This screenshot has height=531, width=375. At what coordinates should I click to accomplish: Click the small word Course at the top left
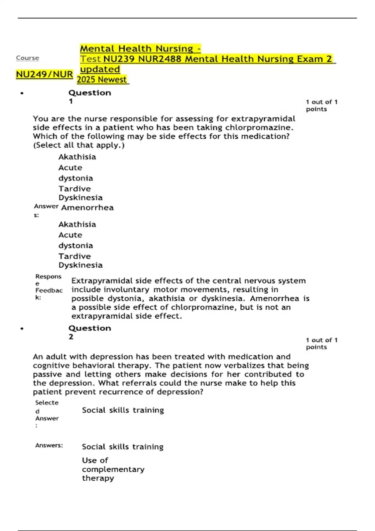[27, 58]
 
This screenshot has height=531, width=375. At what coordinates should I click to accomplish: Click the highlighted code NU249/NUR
[44, 75]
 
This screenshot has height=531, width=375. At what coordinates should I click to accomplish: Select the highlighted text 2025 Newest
[102, 80]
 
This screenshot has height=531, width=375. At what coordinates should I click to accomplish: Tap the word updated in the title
[100, 69]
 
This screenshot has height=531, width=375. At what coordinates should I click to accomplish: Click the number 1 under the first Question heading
[71, 101]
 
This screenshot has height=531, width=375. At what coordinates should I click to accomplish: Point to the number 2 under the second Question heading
[71, 337]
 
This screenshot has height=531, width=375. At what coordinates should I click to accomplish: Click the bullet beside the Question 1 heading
[22, 93]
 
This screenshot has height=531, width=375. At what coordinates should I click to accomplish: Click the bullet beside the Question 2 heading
[22, 329]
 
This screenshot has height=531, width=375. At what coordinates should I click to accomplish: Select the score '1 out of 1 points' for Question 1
[321, 106]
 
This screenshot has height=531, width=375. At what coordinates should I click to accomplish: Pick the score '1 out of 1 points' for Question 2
[321, 344]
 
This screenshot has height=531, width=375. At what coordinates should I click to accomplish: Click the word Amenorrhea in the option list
[87, 208]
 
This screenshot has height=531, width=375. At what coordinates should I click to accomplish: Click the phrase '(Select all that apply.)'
[79, 145]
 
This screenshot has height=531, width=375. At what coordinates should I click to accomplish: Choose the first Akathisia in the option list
[77, 157]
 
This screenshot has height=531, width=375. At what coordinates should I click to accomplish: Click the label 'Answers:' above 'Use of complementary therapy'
[49, 445]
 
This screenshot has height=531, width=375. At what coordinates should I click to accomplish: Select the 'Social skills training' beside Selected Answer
[123, 410]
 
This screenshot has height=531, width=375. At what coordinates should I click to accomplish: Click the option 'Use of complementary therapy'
[113, 469]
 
